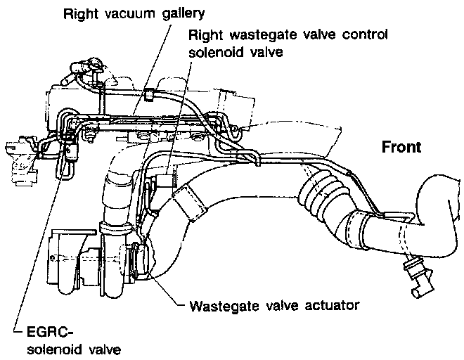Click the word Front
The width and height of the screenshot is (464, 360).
point(401,147)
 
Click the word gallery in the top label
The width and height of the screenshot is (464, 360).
point(165,13)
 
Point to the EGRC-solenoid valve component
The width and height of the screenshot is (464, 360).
point(71,151)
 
